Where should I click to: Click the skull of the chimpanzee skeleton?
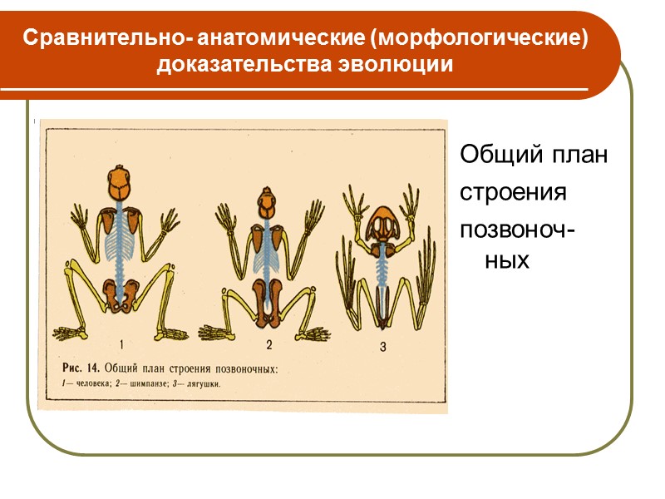[x=268, y=202]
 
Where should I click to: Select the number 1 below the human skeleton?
[x=122, y=343]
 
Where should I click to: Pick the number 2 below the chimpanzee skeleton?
[x=268, y=343]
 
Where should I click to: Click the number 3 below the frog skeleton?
[x=383, y=348]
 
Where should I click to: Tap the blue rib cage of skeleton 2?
[x=268, y=258]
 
